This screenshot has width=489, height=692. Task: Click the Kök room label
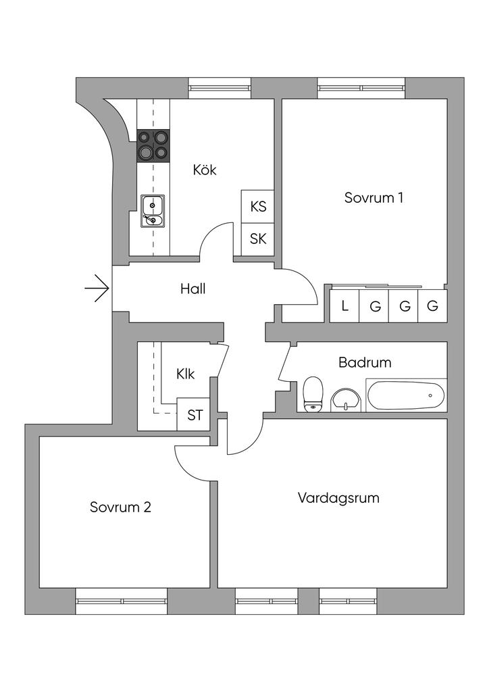[204, 170]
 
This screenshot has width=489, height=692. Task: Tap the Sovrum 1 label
[374, 198]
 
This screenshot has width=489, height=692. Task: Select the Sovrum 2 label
[120, 507]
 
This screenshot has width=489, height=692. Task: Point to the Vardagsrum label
[338, 498]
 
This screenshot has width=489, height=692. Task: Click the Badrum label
[365, 362]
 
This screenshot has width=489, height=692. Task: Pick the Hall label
[192, 289]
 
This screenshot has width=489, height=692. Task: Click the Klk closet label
[186, 374]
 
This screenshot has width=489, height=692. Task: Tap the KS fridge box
[258, 207]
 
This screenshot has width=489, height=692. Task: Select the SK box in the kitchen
[258, 239]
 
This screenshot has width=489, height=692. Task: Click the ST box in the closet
[195, 415]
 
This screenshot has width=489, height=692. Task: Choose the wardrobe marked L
[344, 306]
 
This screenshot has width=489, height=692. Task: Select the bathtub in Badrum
[406, 395]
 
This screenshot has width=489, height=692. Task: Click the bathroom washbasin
[346, 399]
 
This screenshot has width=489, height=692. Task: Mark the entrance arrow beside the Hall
[97, 289]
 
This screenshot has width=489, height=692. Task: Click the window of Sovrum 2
[121, 601]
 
